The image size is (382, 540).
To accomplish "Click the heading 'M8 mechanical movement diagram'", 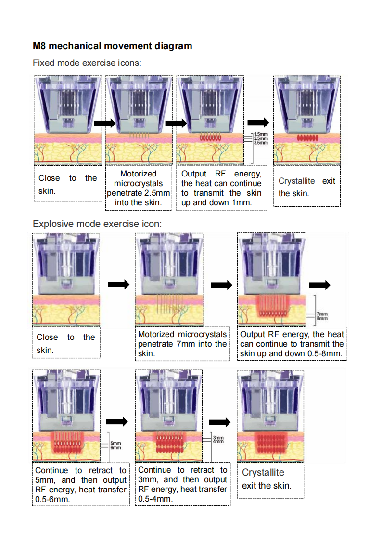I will [x=113, y=46].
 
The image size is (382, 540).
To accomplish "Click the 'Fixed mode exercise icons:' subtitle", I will [x=87, y=63].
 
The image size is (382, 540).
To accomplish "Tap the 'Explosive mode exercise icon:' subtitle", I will [x=97, y=224].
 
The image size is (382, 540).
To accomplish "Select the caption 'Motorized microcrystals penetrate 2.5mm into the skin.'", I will [x=139, y=188].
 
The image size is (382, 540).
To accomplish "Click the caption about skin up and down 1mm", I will [x=221, y=188].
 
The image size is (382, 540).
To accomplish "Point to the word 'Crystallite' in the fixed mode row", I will [x=297, y=181].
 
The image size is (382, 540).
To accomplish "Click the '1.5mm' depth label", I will [x=261, y=134].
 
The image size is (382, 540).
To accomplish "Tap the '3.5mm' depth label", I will [x=261, y=143].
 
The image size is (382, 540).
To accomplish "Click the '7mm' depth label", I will [x=322, y=314].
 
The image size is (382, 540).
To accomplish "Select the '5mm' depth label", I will [x=116, y=443].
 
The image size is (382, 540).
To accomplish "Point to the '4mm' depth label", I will [x=218, y=441].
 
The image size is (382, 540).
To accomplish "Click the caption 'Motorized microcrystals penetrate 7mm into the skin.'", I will [x=182, y=344].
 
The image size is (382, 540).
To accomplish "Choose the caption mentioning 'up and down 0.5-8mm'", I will [x=292, y=344].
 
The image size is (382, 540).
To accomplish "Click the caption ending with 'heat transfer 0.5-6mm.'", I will [x=81, y=485].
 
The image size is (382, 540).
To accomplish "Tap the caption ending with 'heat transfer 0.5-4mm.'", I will [x=182, y=484].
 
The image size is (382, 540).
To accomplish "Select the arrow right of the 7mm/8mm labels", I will [x=319, y=285].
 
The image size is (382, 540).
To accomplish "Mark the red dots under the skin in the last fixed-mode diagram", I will [x=307, y=138].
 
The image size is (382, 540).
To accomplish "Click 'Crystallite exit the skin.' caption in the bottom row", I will [x=267, y=479].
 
